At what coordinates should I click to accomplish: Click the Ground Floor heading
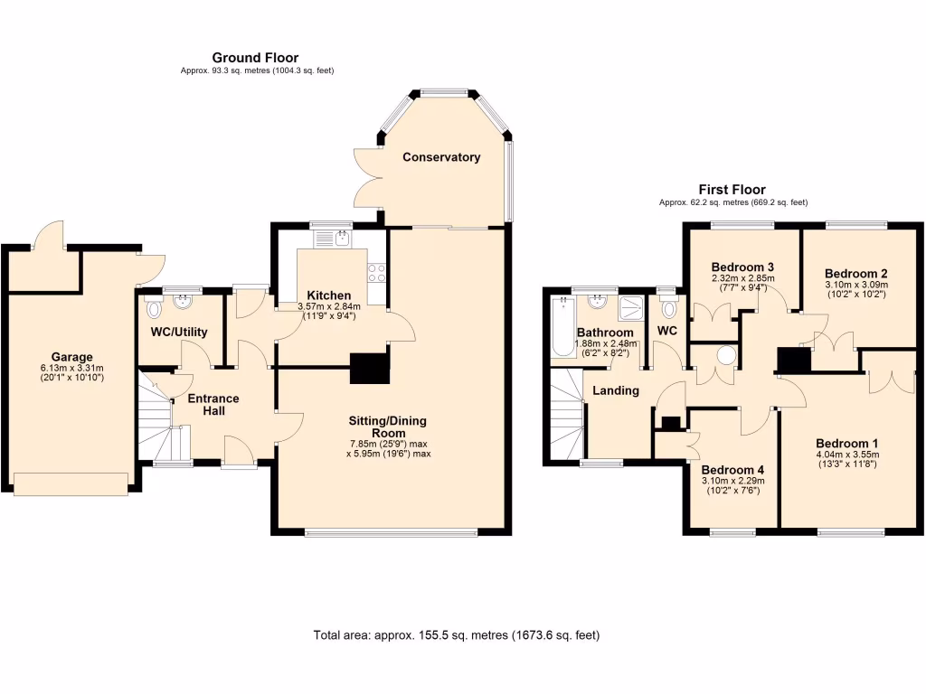tap(255, 58)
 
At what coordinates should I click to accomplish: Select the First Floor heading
tap(732, 190)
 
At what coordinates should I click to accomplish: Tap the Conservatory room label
tap(441, 157)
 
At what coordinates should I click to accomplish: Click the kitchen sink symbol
tap(342, 239)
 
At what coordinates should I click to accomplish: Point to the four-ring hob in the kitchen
tap(377, 272)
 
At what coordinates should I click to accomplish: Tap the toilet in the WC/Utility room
tap(152, 310)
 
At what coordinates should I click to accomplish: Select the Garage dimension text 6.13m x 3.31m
tap(71, 368)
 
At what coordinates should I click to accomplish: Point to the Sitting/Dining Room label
tap(388, 427)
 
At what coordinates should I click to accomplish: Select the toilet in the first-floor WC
tap(668, 308)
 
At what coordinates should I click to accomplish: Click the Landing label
tap(616, 390)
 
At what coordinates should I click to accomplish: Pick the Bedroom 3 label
tap(742, 267)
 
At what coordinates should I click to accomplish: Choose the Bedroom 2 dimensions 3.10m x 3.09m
tap(855, 285)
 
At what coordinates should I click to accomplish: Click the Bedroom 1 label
tap(846, 443)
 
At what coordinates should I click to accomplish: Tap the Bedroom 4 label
tap(732, 470)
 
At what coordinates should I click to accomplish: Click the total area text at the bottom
tap(456, 635)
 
